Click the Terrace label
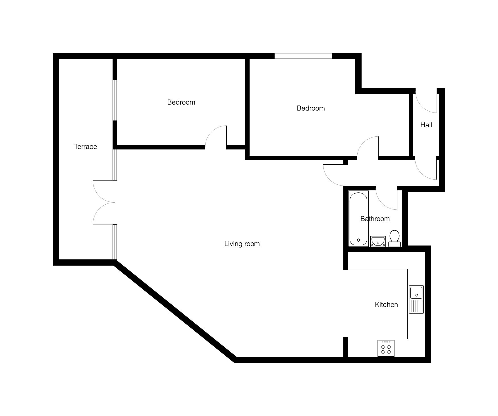pyautogui.click(x=86, y=147)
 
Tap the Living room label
pyautogui.click(x=242, y=244)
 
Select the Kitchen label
pyautogui.click(x=386, y=305)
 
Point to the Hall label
pyautogui.click(x=426, y=125)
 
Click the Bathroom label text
pyautogui.click(x=375, y=219)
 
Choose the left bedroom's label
pyautogui.click(x=181, y=102)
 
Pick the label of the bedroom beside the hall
pyautogui.click(x=311, y=108)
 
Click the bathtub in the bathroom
pyautogui.click(x=358, y=219)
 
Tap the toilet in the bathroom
pyautogui.click(x=395, y=238)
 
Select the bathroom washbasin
pyautogui.click(x=378, y=241)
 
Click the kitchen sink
pyautogui.click(x=416, y=299)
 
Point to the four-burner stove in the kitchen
pyautogui.click(x=386, y=348)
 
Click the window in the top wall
pyautogui.click(x=303, y=56)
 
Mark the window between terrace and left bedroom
pyautogui.click(x=115, y=101)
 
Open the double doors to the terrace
pyautogui.click(x=104, y=202)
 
